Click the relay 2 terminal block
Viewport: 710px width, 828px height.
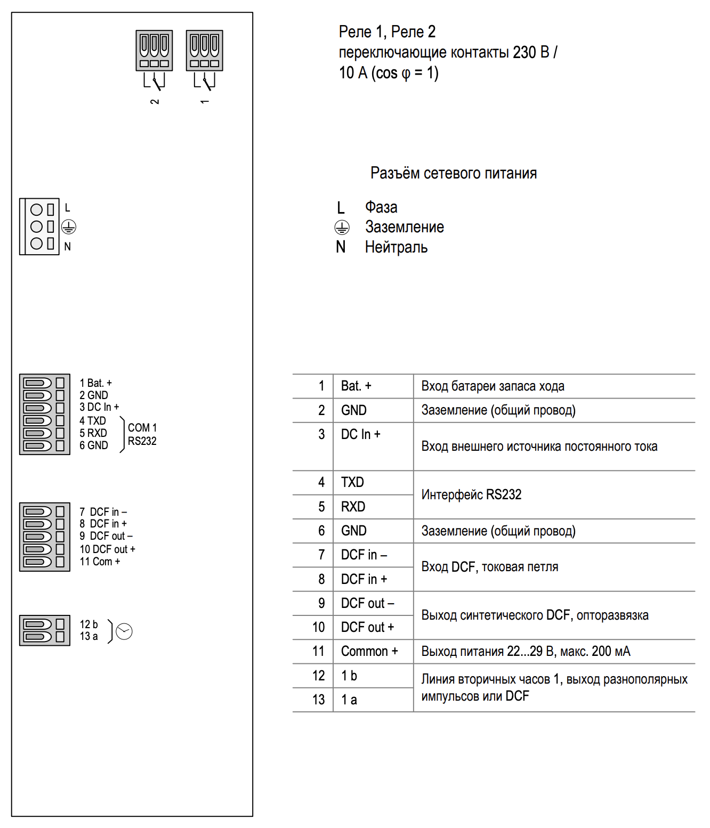(155, 51)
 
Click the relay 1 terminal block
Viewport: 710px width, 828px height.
(205, 51)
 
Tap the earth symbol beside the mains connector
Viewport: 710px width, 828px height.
(69, 227)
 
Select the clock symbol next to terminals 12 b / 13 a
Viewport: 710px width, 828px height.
(124, 631)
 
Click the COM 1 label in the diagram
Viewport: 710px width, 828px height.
(142, 428)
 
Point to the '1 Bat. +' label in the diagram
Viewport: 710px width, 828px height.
(96, 383)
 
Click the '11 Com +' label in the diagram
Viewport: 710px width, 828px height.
(100, 562)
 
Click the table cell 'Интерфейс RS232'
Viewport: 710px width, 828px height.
(471, 494)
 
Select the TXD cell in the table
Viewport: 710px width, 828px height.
(352, 482)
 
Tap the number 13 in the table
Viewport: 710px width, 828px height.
(319, 700)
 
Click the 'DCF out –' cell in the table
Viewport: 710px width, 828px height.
(367, 603)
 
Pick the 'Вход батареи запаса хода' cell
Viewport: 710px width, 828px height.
(493, 386)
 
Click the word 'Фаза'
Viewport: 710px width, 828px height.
(381, 207)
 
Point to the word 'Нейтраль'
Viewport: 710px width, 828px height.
(396, 247)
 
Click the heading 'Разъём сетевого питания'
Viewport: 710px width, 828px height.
(454, 173)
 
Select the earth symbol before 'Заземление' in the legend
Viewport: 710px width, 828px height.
(342, 228)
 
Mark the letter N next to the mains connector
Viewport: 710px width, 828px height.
(68, 247)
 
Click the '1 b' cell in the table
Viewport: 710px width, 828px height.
(349, 676)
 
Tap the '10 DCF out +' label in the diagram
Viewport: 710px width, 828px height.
(108, 549)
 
